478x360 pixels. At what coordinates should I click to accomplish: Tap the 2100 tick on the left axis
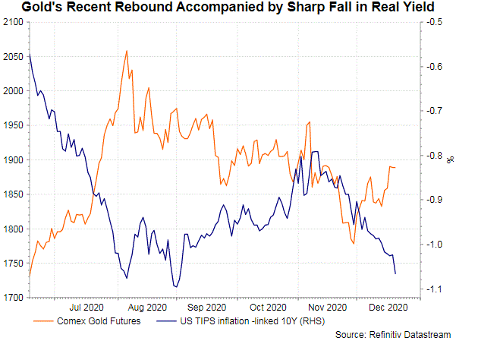click(13, 23)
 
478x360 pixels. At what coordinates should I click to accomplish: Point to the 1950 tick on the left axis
click(13, 125)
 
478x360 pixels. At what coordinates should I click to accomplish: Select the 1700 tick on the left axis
click(13, 298)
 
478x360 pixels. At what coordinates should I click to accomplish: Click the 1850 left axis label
click(13, 194)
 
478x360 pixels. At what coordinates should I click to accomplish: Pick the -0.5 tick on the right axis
click(436, 23)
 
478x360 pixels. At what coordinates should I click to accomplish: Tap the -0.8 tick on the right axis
click(436, 156)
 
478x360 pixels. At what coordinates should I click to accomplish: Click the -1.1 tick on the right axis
click(436, 289)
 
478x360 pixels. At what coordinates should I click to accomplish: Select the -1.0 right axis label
click(436, 245)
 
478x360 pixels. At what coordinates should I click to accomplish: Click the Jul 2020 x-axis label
click(87, 308)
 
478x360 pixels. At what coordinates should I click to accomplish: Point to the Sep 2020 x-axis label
click(206, 308)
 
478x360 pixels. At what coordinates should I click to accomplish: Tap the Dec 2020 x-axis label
click(388, 308)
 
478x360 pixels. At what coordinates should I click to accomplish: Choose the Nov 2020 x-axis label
click(328, 308)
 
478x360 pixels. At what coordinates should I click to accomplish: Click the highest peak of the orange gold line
click(126, 52)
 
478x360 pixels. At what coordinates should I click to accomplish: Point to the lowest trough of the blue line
click(175, 286)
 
